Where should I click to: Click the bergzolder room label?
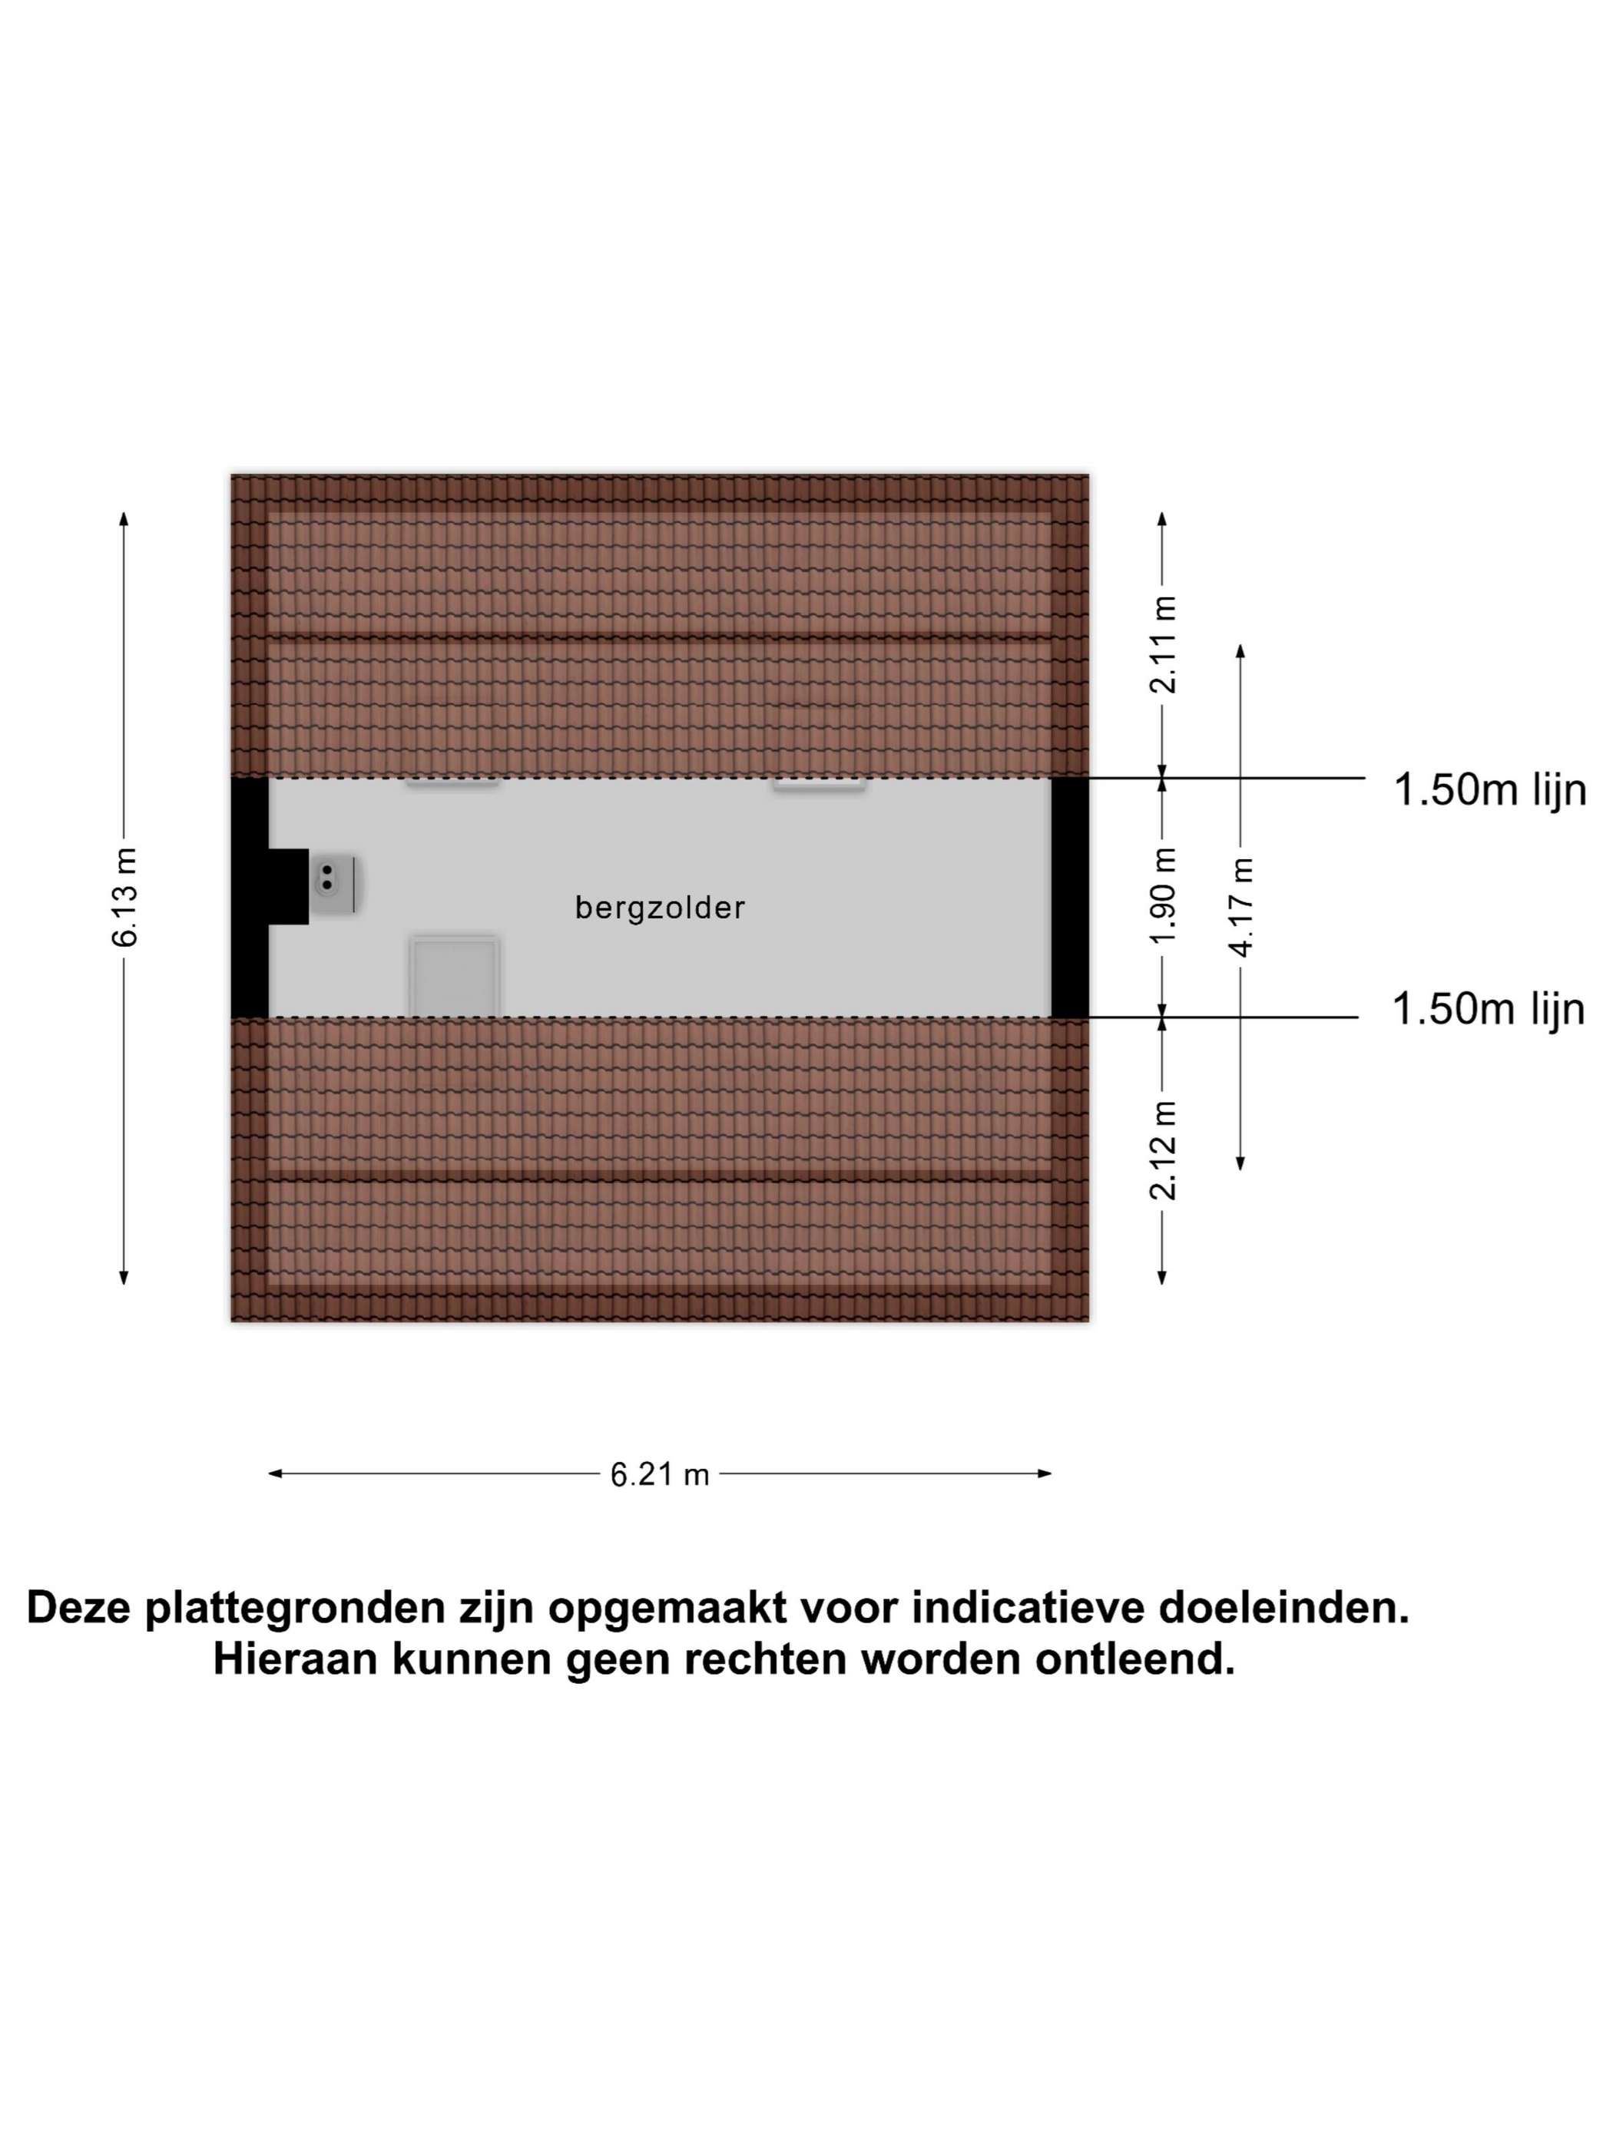[x=659, y=908]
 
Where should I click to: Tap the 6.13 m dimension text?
[x=125, y=897]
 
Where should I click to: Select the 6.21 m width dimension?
[x=659, y=1474]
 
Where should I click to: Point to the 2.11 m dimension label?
[x=1163, y=644]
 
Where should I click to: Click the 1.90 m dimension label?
[x=1163, y=895]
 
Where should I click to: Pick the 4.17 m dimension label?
[x=1240, y=907]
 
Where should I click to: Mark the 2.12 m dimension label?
[x=1163, y=1149]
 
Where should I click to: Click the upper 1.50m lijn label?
[x=1489, y=790]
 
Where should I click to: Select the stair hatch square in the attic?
[x=454, y=975]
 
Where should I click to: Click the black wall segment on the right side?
[x=1069, y=897]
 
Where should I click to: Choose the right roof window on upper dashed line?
[x=819, y=783]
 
